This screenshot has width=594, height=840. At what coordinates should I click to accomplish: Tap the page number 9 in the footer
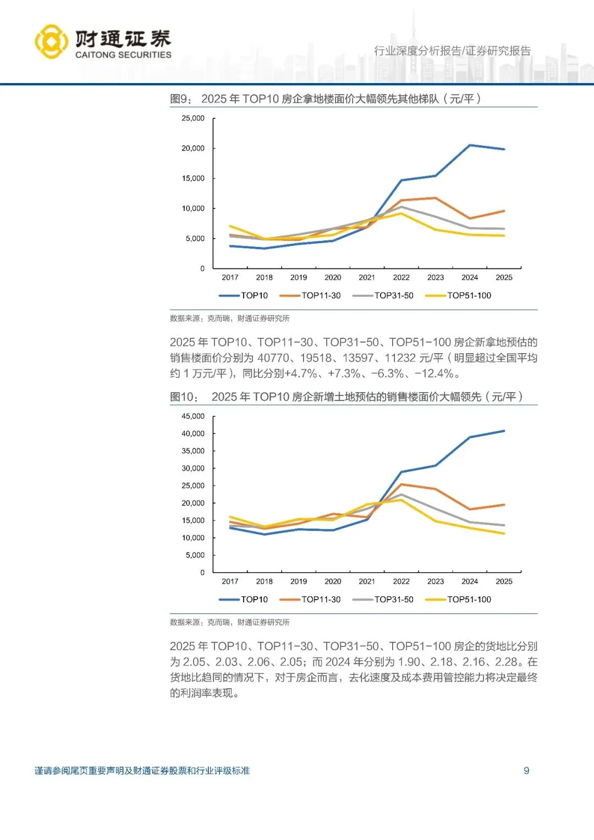[526, 771]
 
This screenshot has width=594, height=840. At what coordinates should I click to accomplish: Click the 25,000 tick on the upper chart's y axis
[193, 118]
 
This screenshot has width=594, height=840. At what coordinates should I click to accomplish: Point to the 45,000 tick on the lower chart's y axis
[193, 416]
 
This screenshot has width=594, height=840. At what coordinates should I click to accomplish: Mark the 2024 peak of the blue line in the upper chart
[470, 145]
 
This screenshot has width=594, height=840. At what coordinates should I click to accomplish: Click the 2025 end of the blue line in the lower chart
[504, 431]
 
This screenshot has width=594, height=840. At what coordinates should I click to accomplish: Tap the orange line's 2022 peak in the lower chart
[402, 484]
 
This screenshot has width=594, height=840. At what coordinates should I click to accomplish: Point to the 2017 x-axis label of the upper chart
[230, 278]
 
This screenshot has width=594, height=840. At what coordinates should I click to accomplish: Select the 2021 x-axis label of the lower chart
[367, 581]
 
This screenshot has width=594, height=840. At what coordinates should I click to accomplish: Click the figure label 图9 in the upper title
[180, 99]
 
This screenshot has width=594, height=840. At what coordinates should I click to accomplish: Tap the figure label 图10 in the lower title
[183, 397]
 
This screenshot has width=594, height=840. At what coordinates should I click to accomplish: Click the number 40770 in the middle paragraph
[273, 358]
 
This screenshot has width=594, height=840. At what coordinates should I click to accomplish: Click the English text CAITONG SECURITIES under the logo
[123, 55]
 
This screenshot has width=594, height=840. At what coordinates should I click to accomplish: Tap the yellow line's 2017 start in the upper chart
[230, 226]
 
